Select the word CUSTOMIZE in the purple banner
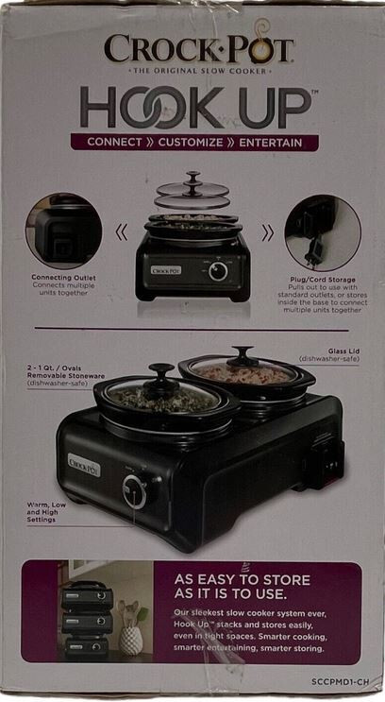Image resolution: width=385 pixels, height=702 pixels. (x=196, y=143)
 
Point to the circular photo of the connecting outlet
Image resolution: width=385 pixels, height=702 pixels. (x=63, y=231)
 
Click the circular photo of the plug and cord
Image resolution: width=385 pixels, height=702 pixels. (x=323, y=232)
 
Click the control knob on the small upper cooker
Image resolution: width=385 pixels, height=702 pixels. (x=219, y=271)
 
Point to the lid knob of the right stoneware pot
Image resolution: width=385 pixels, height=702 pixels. (x=244, y=354)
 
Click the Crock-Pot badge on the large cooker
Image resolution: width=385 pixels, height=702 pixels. (x=85, y=465)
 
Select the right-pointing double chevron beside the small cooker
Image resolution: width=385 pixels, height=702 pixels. (x=267, y=232)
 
